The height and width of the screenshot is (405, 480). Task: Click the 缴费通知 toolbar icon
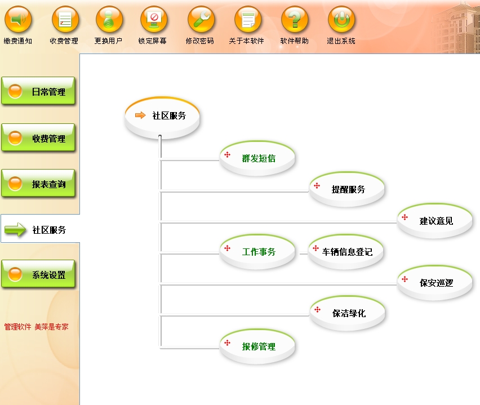coord(18,20)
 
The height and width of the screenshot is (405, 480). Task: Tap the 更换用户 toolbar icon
coord(109,20)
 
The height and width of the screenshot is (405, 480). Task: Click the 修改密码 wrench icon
coord(201,20)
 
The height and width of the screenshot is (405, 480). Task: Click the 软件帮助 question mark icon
coord(295,20)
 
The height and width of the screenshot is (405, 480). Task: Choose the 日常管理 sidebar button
coord(38,92)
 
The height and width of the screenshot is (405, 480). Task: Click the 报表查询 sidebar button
coord(38,184)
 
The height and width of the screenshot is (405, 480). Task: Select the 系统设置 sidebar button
coord(38,275)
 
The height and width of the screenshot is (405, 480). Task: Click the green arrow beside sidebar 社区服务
coord(15,229)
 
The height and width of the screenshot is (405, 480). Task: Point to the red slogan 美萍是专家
coord(51,326)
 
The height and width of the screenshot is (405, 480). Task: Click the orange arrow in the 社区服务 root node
coord(140,115)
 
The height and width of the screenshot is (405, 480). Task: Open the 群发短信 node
coord(258,158)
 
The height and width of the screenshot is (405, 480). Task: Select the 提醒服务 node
coord(348,189)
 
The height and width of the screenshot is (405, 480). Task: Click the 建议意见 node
coord(435,221)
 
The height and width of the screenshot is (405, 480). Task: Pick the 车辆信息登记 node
coord(347,252)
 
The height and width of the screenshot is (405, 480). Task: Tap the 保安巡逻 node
coord(435,283)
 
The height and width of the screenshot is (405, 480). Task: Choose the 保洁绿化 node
coord(348,313)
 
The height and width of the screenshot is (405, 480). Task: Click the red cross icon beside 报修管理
coord(228,342)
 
